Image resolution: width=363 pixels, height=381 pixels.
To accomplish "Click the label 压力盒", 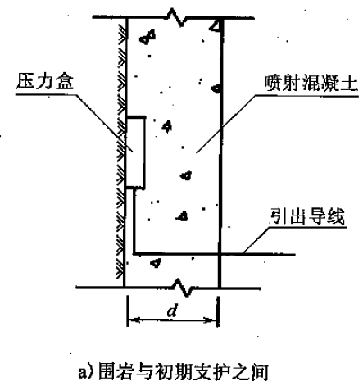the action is (45, 81).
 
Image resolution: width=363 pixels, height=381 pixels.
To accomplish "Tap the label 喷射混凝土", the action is (311, 83).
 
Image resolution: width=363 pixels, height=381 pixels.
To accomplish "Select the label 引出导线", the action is (306, 216).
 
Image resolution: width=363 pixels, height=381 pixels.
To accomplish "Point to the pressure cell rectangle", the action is (135, 152).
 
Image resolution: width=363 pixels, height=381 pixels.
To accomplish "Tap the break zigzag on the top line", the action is (178, 17).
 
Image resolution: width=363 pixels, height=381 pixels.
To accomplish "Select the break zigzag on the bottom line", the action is (183, 288).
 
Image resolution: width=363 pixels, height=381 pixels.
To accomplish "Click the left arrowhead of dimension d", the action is (134, 319).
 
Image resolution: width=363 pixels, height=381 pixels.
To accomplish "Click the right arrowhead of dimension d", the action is (211, 320).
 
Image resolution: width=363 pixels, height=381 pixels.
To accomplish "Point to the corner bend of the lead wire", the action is (134, 254).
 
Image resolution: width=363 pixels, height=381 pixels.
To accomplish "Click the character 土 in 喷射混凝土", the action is (349, 83).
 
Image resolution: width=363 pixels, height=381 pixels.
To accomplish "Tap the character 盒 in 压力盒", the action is (65, 81).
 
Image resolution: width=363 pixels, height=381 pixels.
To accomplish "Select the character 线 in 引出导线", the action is (337, 216).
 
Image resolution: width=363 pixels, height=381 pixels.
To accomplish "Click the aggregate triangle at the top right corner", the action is (215, 25).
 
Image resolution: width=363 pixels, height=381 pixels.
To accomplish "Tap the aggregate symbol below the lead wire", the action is (156, 263).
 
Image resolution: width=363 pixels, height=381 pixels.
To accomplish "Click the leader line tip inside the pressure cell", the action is (134, 151).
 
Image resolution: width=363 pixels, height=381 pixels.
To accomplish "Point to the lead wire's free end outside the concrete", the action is (295, 255).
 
